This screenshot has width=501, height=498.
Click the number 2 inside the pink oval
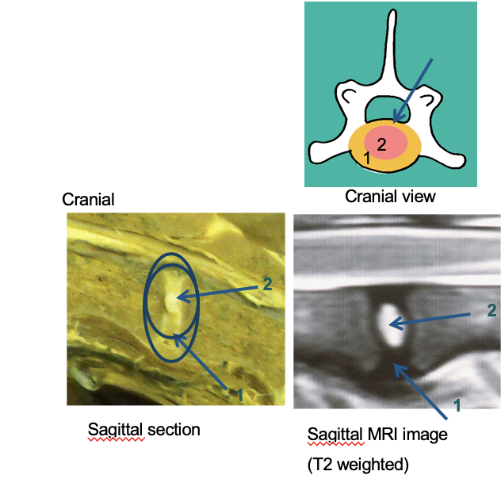coord(381,144)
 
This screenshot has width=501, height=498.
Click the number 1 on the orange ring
coord(366,158)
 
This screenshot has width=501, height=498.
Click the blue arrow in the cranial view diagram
coord(413,90)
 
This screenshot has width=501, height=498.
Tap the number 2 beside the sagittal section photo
coord(267,284)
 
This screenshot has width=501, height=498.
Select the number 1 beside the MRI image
coord(457,406)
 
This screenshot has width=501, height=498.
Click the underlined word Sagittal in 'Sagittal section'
coord(115,430)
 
